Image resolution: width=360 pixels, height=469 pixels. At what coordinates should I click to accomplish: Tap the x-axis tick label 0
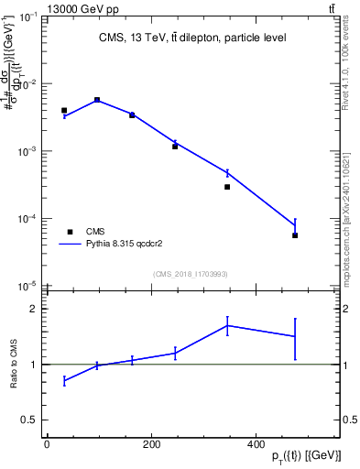[47, 444]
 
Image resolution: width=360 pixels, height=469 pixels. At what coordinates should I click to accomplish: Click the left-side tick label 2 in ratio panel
[33, 309]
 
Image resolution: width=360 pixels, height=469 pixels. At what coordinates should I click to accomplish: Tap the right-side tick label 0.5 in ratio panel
[349, 420]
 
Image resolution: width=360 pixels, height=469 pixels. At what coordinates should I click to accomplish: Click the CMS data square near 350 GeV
[227, 187]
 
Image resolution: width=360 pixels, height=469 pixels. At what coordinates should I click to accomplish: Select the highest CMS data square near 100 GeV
[97, 100]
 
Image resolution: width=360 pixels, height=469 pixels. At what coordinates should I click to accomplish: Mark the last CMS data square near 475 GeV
[295, 235]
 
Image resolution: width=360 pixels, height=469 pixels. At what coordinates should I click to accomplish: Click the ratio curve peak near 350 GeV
[227, 325]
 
